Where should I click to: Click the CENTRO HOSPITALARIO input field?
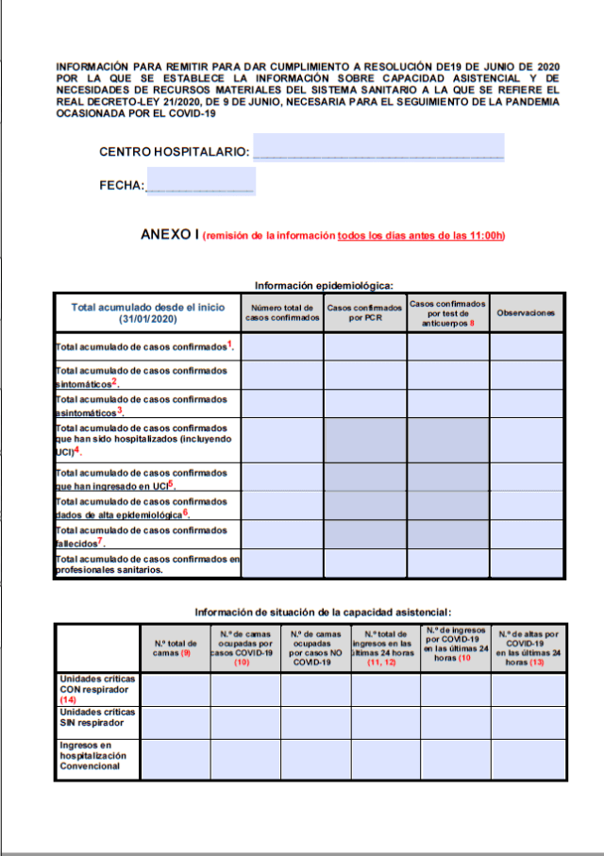(x=378, y=148)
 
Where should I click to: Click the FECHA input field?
(x=201, y=181)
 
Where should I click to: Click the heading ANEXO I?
(x=169, y=235)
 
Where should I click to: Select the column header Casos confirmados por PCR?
(x=365, y=312)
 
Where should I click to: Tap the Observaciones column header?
(x=527, y=312)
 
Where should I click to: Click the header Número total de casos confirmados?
(x=283, y=312)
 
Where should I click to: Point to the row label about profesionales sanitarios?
(x=147, y=564)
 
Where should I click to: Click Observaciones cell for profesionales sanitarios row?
(x=527, y=563)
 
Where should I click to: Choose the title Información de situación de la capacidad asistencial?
(x=324, y=612)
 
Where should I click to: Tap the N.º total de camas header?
(x=176, y=648)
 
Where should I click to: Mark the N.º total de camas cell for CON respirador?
(x=176, y=689)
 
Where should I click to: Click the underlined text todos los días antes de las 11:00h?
(x=421, y=236)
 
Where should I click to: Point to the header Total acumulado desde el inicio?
(x=148, y=312)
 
